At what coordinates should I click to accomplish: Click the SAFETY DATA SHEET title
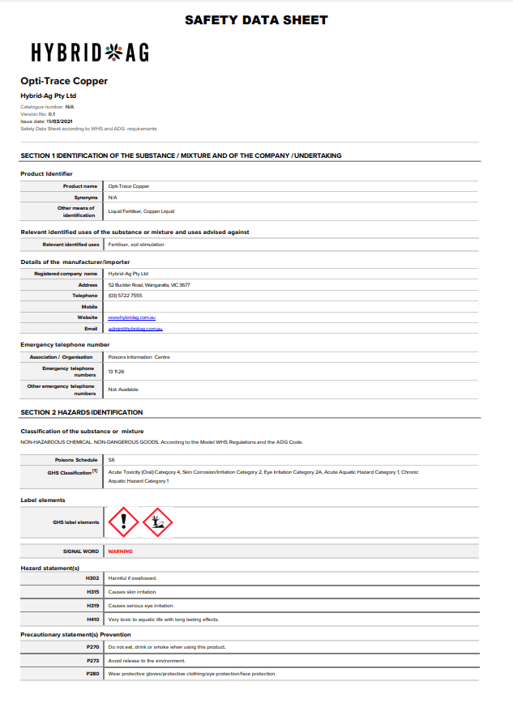click(x=256, y=19)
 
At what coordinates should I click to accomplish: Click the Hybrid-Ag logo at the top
click(x=90, y=53)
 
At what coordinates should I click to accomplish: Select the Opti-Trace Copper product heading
click(x=64, y=81)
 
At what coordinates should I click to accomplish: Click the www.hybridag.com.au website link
click(x=131, y=318)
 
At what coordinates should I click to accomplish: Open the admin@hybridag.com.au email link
click(x=136, y=329)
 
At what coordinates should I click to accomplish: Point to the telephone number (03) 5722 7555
click(x=125, y=296)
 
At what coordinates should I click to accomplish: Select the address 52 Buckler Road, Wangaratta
click(x=149, y=285)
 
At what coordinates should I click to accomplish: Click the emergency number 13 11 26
click(x=116, y=372)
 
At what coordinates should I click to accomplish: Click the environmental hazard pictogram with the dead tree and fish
click(x=158, y=522)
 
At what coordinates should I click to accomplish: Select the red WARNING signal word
click(x=121, y=552)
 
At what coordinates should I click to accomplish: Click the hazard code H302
click(x=92, y=578)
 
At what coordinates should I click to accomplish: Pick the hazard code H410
click(x=92, y=620)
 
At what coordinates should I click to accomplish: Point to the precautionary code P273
click(x=92, y=661)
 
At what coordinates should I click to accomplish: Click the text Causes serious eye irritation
click(x=141, y=606)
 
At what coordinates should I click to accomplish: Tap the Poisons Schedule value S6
click(x=111, y=460)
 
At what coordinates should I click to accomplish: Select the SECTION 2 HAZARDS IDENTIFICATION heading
click(x=82, y=412)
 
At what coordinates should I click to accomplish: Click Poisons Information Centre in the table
click(x=139, y=357)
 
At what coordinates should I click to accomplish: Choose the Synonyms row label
click(x=85, y=198)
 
